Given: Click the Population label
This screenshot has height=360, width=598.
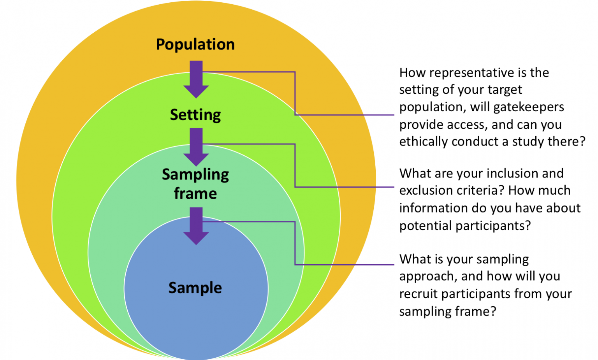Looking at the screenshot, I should click(x=195, y=44).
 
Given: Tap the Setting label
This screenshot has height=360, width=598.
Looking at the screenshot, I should click(x=195, y=115).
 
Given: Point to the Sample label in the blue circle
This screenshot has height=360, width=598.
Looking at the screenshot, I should click(x=195, y=288).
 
